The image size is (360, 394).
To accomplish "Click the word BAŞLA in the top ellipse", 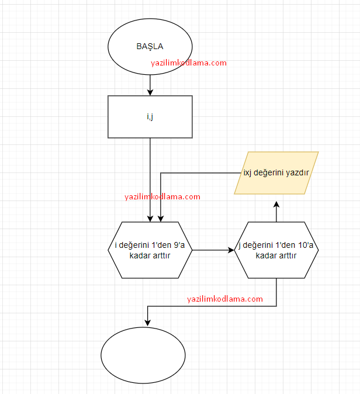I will pyautogui.click(x=150, y=47).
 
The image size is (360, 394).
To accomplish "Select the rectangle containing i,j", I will pyautogui.click(x=150, y=116).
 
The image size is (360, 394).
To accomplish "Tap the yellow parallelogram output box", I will pyautogui.click(x=276, y=173).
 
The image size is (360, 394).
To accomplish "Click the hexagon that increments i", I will pyautogui.click(x=150, y=250).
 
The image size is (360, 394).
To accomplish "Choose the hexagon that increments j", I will pyautogui.click(x=276, y=250).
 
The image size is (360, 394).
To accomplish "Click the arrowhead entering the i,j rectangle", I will pyautogui.click(x=150, y=92).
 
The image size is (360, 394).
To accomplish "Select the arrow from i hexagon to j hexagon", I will pyautogui.click(x=213, y=250).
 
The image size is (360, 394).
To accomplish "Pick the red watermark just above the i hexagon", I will pyautogui.click(x=162, y=197).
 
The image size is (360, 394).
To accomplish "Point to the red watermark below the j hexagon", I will pyautogui.click(x=225, y=299).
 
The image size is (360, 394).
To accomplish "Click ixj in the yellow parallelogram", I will pyautogui.click(x=249, y=173).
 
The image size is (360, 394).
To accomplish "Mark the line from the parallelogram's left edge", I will pyautogui.click(x=199, y=173).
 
